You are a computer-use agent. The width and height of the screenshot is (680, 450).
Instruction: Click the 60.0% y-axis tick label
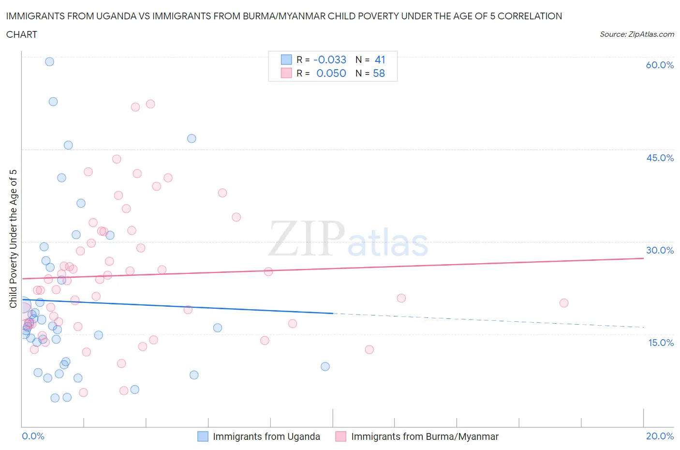tap(660, 65)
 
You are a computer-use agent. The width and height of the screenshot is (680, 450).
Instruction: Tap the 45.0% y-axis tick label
tap(660, 158)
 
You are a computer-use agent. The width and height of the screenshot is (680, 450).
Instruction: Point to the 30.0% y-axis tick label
tap(660, 250)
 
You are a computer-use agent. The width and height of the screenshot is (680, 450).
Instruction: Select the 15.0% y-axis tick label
tap(661, 343)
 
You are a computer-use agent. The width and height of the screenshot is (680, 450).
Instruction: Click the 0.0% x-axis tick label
tap(33, 436)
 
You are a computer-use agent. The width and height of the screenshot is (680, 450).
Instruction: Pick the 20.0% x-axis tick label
tap(660, 436)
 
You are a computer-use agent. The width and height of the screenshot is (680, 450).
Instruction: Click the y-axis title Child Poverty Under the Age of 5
tap(13, 239)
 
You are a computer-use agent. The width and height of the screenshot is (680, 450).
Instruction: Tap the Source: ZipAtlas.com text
tap(636, 34)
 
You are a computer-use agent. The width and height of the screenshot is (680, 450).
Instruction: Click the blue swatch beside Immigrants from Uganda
tap(203, 436)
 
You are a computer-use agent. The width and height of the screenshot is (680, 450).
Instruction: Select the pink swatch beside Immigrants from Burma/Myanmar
tap(341, 436)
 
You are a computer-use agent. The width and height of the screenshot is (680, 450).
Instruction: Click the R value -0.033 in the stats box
tap(330, 60)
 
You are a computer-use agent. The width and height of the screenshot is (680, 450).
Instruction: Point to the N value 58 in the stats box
tap(379, 73)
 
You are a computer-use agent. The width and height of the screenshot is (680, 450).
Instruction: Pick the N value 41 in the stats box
tap(380, 60)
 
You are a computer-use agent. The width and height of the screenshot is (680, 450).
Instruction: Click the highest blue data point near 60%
tap(49, 61)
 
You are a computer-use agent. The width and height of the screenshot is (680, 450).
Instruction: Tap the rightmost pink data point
tap(563, 303)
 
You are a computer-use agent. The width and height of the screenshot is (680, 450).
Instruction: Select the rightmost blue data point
tap(325, 366)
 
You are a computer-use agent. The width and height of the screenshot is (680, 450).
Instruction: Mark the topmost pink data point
tap(150, 104)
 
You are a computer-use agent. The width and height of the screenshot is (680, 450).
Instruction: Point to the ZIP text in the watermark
tap(307, 239)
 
